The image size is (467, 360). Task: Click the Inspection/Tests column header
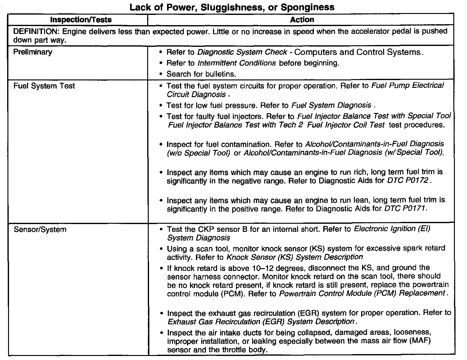[x=81, y=20]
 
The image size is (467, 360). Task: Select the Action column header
[x=302, y=20]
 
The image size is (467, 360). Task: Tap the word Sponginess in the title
[x=307, y=7]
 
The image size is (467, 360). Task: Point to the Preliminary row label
[x=33, y=52]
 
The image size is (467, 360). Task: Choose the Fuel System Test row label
[x=44, y=86]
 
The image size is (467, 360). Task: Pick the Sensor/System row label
[x=40, y=230]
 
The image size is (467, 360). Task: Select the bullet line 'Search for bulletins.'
[x=201, y=74]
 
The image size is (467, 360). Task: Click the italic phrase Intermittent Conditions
[x=237, y=63]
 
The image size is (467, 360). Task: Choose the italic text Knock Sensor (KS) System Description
[x=295, y=257]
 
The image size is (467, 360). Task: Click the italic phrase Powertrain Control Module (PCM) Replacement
[x=362, y=293]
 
